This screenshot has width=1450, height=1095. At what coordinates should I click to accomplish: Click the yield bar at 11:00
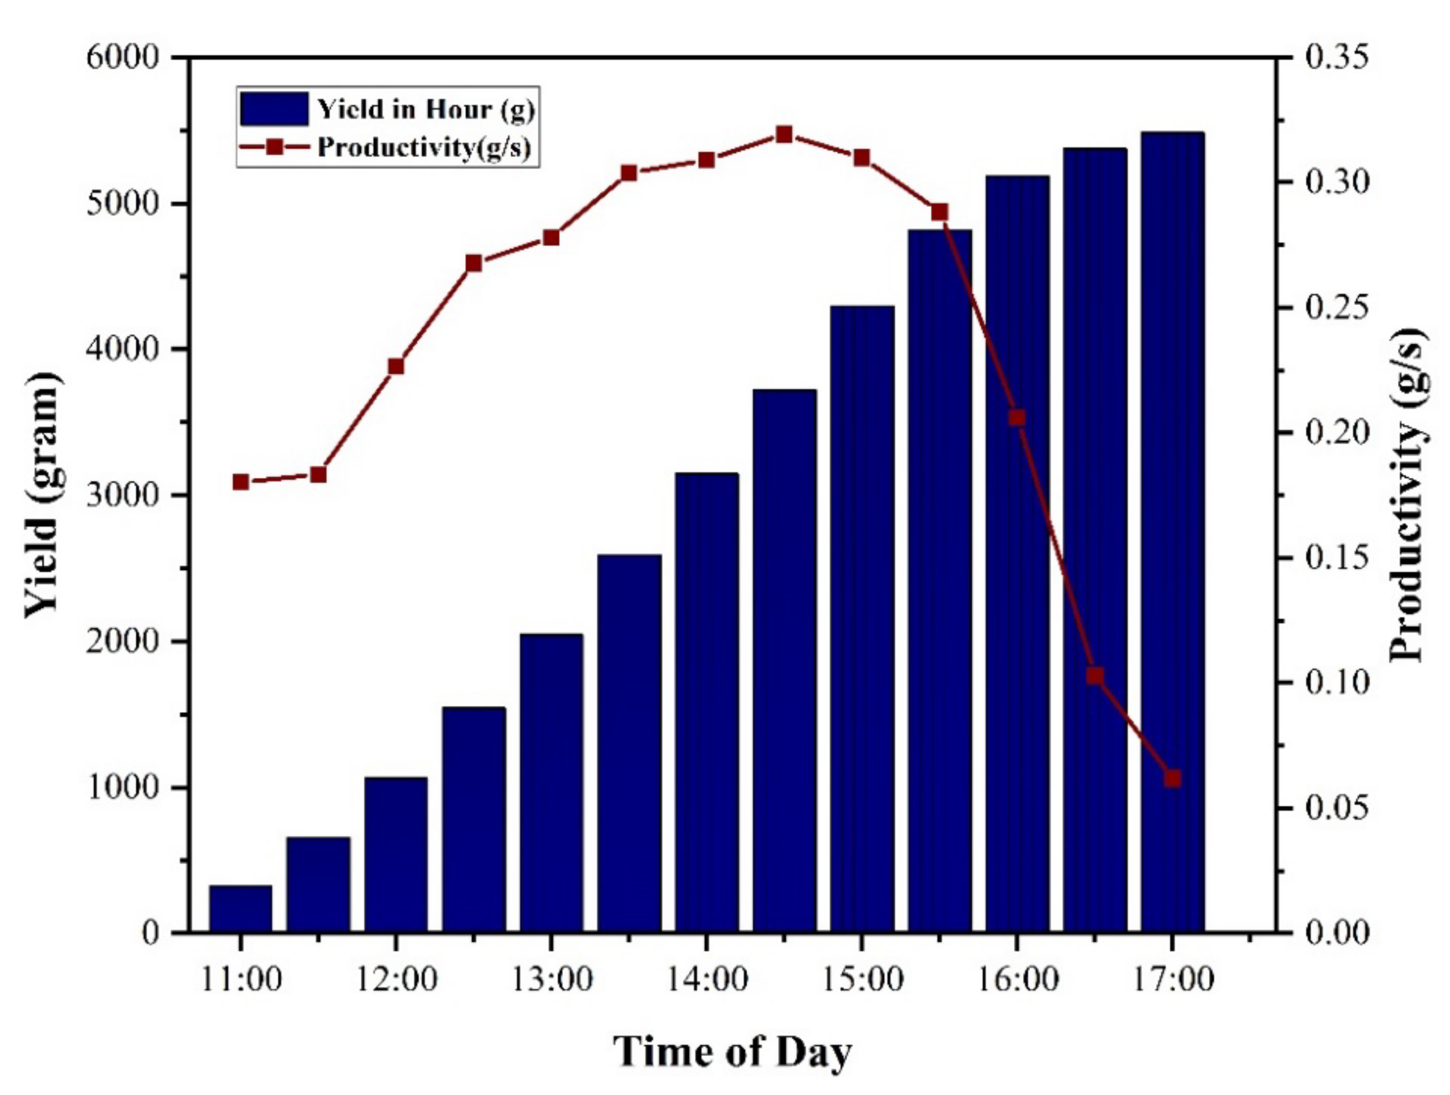(x=240, y=908)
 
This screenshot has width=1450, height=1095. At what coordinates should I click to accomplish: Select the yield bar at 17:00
(x=1172, y=531)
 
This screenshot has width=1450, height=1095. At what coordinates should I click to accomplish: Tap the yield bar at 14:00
(x=707, y=701)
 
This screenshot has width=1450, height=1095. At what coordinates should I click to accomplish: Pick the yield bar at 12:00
(x=396, y=854)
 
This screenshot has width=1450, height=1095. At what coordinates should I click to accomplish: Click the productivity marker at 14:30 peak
(x=784, y=135)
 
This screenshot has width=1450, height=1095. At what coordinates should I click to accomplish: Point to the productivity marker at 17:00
(x=1173, y=778)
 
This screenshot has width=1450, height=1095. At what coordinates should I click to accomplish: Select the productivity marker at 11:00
(x=240, y=482)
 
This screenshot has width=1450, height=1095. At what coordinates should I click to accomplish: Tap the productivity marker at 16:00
(x=1017, y=418)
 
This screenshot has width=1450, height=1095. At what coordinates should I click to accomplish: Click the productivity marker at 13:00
(x=552, y=237)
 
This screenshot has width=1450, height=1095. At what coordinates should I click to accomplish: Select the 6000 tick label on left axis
(x=123, y=57)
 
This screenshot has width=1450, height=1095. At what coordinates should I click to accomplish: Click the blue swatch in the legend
(x=274, y=109)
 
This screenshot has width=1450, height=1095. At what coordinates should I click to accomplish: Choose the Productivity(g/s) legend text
(x=423, y=147)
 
